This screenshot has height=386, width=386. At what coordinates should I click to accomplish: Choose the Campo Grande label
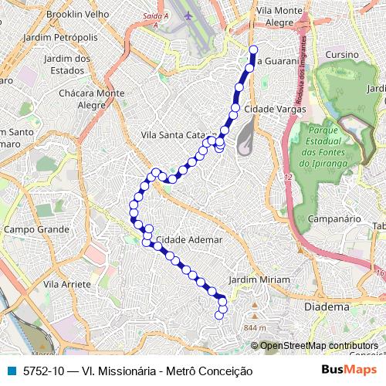36,229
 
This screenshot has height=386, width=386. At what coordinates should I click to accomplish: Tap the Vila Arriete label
67,284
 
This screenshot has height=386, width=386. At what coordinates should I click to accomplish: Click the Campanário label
335,219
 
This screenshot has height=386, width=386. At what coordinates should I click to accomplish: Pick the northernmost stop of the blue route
253,50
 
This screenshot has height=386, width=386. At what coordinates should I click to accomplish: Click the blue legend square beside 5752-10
12,371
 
